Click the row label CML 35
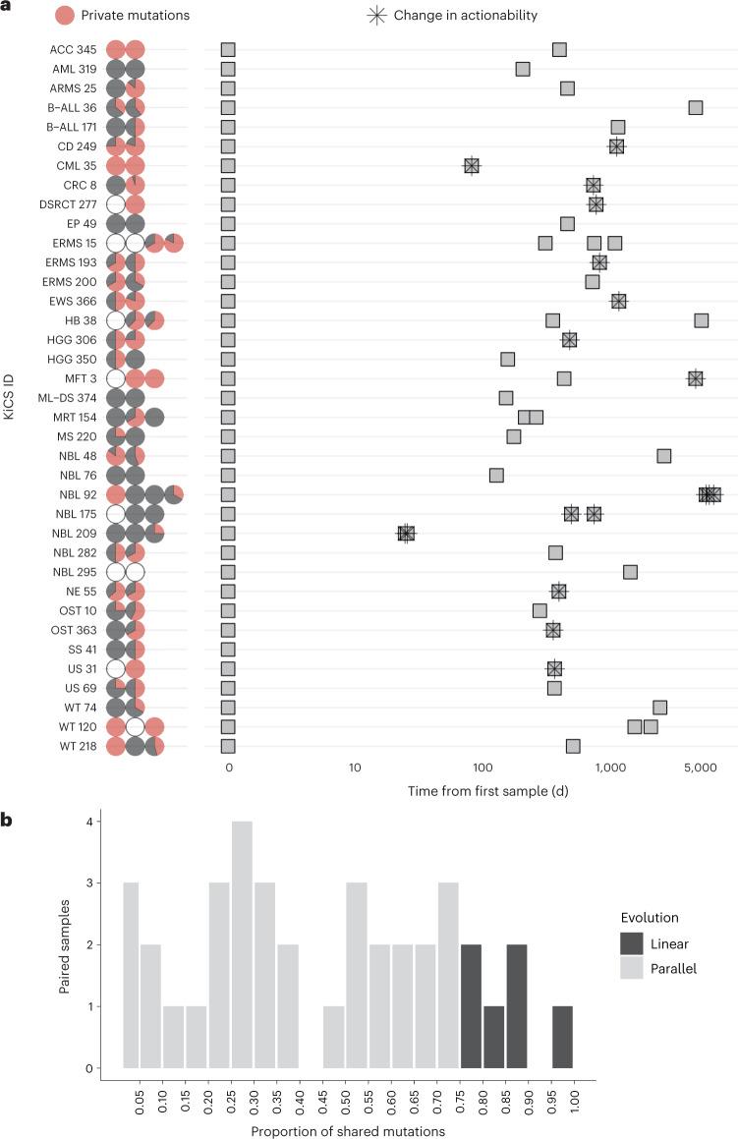(70, 166)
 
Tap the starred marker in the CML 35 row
(472, 166)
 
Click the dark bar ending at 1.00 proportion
(562, 1037)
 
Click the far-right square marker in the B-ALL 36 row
(696, 107)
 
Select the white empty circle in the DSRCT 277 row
(115, 204)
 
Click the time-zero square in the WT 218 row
(228, 746)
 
